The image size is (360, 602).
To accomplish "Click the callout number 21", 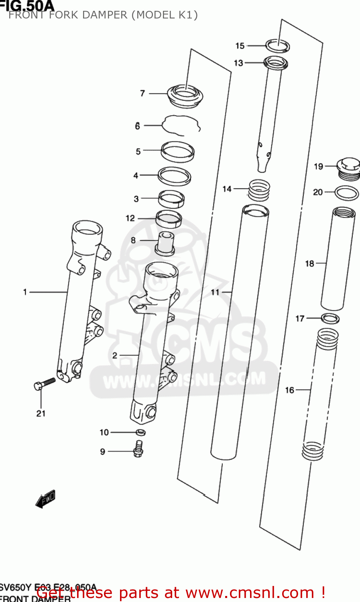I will [x=41, y=413].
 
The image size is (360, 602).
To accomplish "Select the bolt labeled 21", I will [x=44, y=384].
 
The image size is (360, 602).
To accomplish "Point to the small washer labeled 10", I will [x=140, y=432].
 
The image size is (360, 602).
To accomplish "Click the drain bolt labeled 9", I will [x=138, y=449].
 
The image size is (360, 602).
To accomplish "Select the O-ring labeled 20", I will [x=346, y=193].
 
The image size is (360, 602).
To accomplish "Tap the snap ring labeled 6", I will [x=181, y=125].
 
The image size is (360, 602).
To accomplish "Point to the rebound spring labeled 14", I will [x=259, y=189].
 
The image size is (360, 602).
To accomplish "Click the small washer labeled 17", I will [x=330, y=319].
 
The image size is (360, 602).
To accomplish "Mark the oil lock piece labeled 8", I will [x=165, y=243].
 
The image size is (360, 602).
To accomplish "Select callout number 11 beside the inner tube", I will [x=215, y=292].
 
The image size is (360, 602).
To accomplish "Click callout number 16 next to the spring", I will [x=289, y=390].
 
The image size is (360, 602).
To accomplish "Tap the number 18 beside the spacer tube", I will [x=309, y=264].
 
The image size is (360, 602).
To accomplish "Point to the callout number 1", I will [x=25, y=292].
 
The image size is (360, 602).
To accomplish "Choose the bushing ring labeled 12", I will [x=169, y=218].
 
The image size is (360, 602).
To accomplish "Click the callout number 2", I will [x=115, y=355].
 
